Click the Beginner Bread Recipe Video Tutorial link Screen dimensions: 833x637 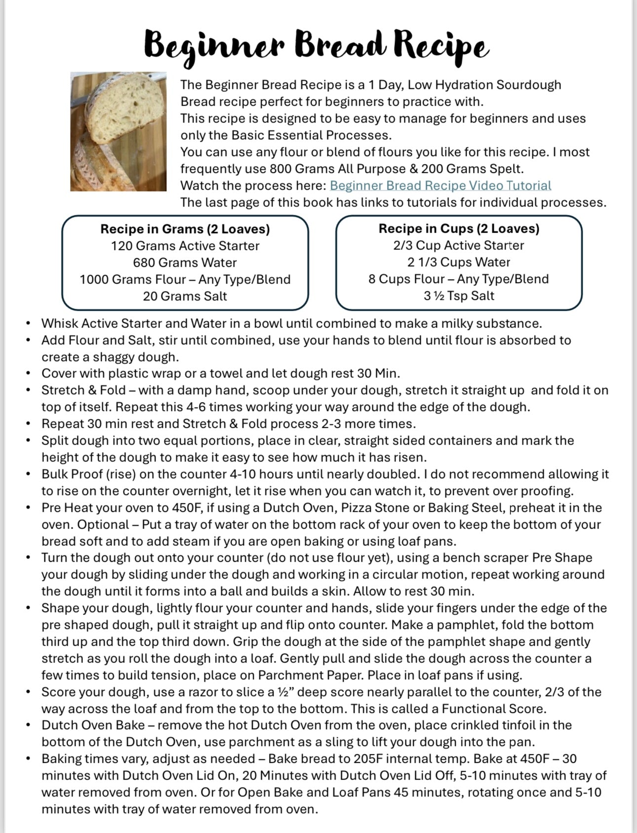(440, 186)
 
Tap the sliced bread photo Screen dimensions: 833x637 (119, 131)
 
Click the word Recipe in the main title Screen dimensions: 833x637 (441, 45)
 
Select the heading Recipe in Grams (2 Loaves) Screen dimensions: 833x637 (185, 229)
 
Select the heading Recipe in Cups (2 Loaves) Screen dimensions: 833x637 (459, 229)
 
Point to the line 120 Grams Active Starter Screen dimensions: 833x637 (185, 246)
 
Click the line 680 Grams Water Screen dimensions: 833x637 (185, 263)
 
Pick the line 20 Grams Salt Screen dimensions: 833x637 (185, 296)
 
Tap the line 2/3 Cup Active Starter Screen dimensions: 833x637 (459, 246)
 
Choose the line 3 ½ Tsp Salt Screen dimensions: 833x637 (459, 296)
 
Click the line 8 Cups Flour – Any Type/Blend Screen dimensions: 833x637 (459, 279)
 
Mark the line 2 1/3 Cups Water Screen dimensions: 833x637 (459, 262)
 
